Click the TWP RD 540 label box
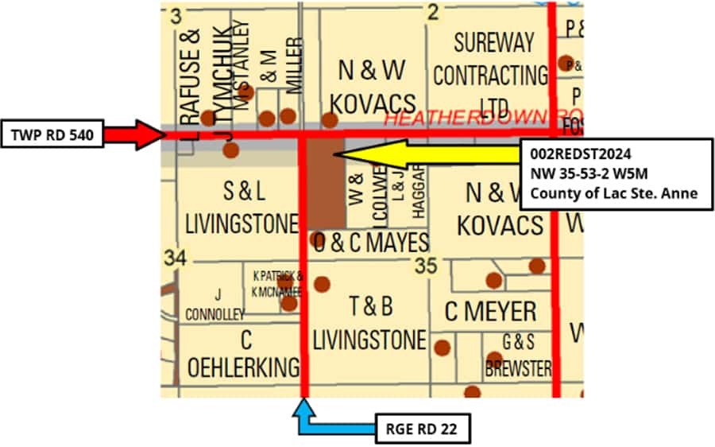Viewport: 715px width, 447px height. (52, 135)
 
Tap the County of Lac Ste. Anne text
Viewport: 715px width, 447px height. (614, 192)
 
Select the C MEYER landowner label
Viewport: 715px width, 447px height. (490, 312)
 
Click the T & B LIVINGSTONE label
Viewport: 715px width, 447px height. (369, 322)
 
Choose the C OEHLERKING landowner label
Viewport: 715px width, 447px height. (245, 354)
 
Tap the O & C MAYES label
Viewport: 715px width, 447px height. (370, 243)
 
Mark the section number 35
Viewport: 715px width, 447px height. (426, 266)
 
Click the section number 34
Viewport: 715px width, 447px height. (176, 258)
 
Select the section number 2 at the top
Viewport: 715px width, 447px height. (433, 11)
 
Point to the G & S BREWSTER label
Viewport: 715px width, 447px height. (518, 355)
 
